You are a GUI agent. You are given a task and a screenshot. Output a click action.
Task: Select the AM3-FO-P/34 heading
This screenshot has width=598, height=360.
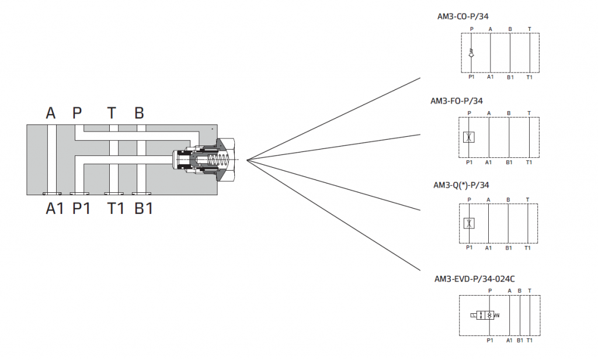457,101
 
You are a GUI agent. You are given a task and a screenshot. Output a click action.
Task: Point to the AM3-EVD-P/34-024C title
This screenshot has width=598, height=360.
474,279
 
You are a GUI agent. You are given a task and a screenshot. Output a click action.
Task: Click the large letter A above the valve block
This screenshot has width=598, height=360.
51,113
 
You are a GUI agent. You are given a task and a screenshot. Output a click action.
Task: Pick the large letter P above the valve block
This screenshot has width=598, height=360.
77,113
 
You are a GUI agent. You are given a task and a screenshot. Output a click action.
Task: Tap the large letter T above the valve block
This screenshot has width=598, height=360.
112,113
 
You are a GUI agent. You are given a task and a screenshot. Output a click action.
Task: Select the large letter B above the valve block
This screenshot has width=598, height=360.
139,113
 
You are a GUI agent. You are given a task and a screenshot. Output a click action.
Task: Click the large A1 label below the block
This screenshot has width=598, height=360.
55,208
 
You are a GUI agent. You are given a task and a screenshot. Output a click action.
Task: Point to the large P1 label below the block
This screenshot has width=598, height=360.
82,208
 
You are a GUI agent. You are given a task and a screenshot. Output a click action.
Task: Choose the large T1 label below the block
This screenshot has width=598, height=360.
116,208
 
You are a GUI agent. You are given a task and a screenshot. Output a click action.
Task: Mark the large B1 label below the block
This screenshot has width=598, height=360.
144,208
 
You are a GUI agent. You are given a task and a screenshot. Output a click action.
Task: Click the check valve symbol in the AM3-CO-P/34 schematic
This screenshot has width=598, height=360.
471,54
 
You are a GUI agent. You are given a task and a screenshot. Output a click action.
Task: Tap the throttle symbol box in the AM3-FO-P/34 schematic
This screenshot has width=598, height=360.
469,138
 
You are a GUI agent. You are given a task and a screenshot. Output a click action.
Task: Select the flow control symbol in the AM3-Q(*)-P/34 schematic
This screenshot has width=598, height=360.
469,223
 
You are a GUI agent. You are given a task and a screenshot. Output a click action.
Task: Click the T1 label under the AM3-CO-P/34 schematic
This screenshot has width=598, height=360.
529,77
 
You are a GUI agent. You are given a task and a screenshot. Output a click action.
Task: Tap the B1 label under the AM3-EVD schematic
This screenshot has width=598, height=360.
520,340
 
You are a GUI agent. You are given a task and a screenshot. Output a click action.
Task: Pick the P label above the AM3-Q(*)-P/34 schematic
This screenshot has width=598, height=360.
469,199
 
